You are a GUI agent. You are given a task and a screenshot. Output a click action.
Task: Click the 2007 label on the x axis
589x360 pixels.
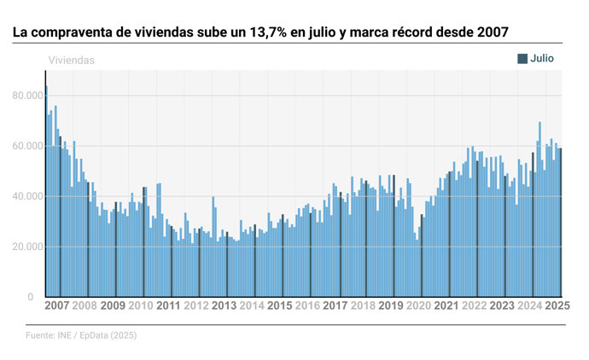pos(57,305)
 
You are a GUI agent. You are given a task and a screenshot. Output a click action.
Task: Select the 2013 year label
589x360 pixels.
pos(224,305)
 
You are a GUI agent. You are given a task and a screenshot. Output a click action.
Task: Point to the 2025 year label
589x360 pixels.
pos(557,305)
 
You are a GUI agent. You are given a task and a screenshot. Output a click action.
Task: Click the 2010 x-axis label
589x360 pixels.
pos(140,305)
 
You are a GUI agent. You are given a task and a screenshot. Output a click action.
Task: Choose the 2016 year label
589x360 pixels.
pos(307,305)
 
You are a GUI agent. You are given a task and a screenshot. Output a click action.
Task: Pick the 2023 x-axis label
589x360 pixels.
pos(502,305)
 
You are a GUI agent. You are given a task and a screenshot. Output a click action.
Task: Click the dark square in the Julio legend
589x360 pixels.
pos(522,58)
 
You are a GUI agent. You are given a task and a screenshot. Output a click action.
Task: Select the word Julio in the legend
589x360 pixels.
pos(543,58)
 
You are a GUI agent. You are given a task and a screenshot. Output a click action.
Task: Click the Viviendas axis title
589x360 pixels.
pos(71,61)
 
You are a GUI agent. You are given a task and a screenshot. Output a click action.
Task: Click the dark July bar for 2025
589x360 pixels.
pos(560,222)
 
